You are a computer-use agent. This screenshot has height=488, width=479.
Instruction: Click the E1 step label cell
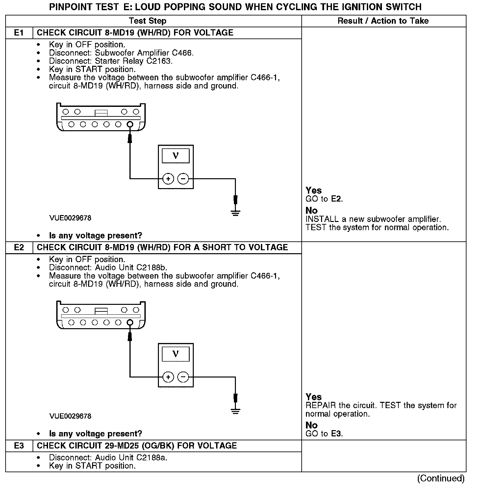point(19,33)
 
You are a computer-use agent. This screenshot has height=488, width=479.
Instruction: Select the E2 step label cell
point(19,248)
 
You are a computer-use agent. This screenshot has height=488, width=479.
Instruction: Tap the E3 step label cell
point(19,446)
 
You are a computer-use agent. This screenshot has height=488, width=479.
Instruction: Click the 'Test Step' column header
point(147,21)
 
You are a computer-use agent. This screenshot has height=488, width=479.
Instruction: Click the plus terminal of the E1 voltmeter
point(168,179)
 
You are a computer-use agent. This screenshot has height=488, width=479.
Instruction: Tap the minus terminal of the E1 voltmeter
point(183,179)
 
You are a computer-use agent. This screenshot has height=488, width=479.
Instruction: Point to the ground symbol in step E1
point(235,213)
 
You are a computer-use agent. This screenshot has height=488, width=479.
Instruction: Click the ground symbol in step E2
point(235,411)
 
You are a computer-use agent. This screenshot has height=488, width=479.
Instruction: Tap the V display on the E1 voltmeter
point(175,156)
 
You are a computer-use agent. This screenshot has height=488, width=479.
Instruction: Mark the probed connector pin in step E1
point(130,124)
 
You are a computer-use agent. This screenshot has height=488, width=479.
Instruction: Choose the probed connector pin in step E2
point(130,323)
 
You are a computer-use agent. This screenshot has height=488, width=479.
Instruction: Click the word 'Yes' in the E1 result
point(314,190)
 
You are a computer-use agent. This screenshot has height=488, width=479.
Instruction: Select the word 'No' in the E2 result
point(312,425)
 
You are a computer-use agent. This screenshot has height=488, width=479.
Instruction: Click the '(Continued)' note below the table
point(441,478)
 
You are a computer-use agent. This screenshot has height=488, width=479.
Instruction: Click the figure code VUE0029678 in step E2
point(70,416)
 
